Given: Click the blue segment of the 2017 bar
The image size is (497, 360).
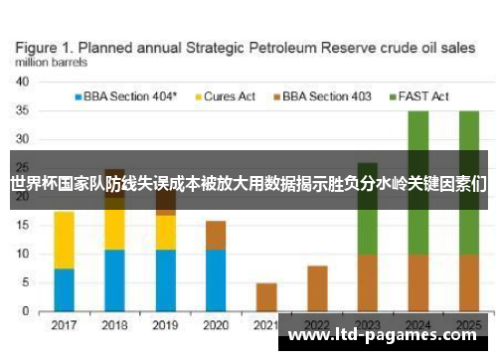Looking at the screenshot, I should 65,290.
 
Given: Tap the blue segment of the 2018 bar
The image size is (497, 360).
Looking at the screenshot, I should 115,280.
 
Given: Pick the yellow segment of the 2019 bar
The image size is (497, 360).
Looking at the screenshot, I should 166,232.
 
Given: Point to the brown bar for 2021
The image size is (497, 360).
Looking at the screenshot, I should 266,297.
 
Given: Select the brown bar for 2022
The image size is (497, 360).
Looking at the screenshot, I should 317,288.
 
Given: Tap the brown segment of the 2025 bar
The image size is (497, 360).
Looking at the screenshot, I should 468,283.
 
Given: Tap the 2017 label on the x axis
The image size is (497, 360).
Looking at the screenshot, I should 65,324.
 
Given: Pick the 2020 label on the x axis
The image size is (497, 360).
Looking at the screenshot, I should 216,324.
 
